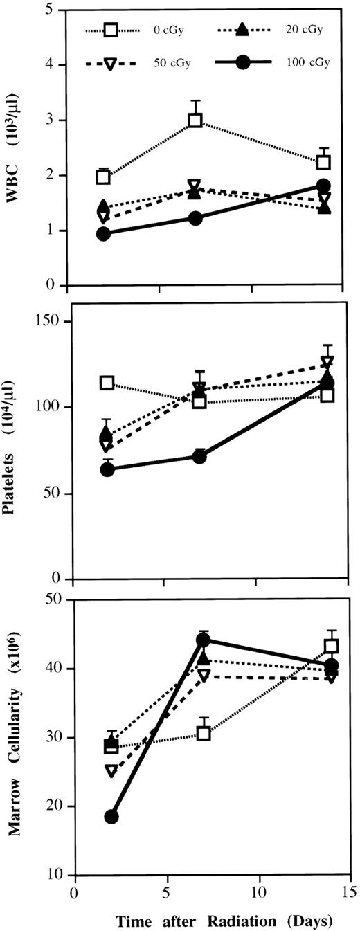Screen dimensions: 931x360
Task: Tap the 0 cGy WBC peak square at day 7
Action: (x=195, y=120)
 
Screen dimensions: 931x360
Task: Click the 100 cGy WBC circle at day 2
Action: (x=103, y=234)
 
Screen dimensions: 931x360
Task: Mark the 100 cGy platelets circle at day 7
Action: (x=199, y=456)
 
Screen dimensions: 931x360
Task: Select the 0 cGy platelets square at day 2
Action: (x=107, y=383)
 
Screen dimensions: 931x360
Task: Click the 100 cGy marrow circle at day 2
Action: (x=111, y=817)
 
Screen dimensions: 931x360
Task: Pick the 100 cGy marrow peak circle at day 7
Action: (x=203, y=640)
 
